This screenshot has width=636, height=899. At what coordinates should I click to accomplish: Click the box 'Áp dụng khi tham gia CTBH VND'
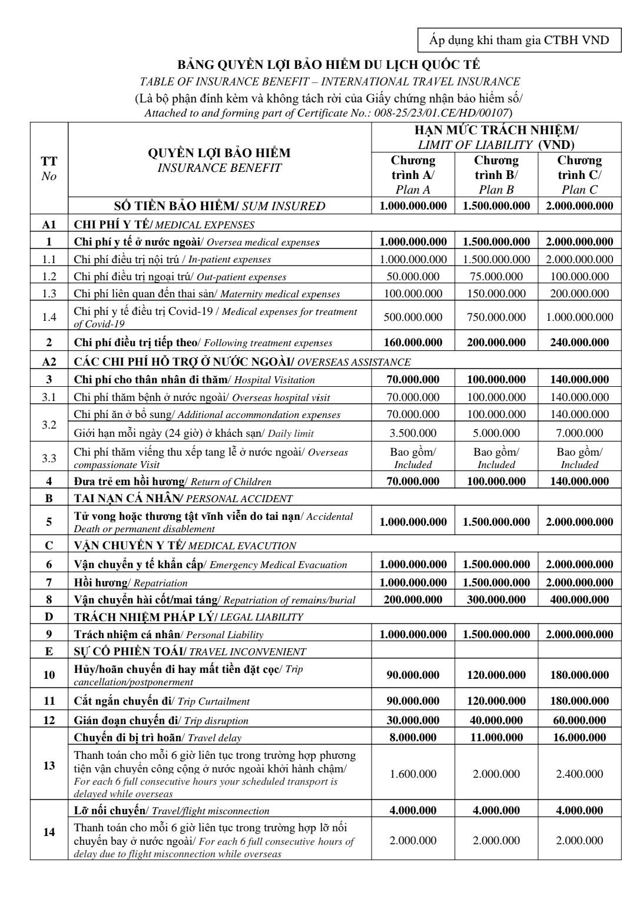(x=519, y=40)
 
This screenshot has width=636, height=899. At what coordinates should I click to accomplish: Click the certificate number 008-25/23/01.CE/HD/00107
(x=442, y=112)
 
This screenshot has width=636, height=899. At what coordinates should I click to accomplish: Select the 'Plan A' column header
(x=413, y=175)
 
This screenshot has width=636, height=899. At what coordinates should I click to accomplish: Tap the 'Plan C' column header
(x=579, y=175)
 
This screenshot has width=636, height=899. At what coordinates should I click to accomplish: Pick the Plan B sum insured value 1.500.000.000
(x=496, y=205)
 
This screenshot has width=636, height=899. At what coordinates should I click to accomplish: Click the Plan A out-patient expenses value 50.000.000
(x=413, y=276)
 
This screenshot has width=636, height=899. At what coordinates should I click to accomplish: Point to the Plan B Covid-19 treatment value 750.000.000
(x=496, y=317)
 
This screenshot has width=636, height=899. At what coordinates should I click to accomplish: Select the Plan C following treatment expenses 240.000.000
(x=579, y=342)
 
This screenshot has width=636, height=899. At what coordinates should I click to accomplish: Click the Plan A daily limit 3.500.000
(x=413, y=433)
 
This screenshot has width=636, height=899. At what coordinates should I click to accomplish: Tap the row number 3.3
(x=49, y=458)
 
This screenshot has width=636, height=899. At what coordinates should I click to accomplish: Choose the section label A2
(x=49, y=361)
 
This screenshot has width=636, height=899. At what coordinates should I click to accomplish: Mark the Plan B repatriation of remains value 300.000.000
(x=496, y=599)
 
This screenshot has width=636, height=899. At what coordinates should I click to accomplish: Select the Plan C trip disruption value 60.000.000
(x=579, y=720)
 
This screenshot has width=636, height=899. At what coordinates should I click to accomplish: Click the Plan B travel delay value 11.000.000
(x=496, y=737)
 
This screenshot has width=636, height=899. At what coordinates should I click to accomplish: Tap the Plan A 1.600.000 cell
(x=413, y=774)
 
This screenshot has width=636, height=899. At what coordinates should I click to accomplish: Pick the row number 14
(x=49, y=832)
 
